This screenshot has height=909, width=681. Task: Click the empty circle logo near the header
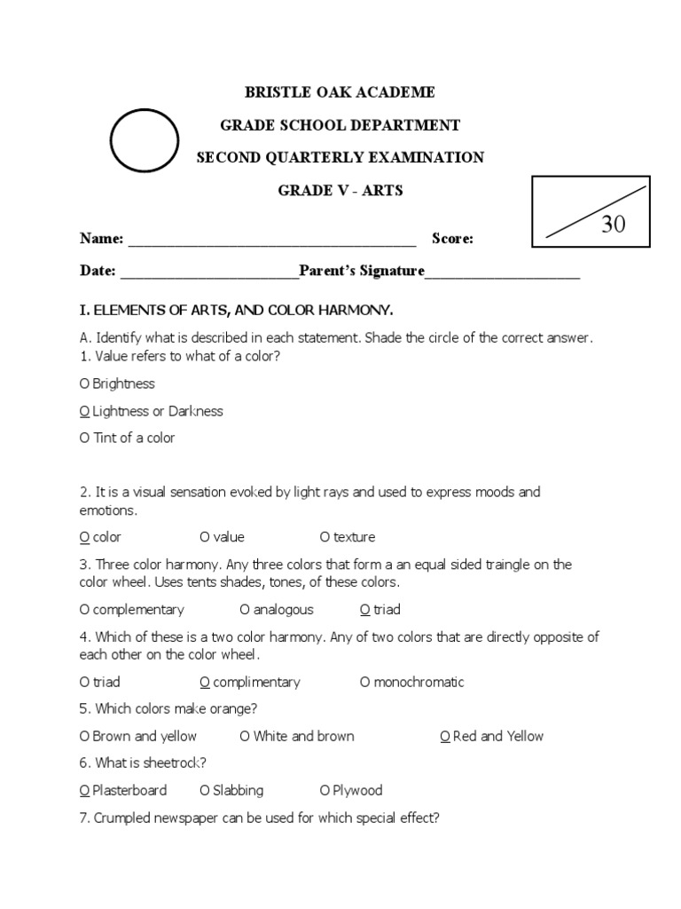tap(145, 140)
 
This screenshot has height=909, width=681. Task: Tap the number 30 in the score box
tap(613, 224)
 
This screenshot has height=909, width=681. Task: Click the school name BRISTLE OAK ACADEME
tap(340, 92)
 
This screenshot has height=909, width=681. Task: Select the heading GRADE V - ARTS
tap(340, 191)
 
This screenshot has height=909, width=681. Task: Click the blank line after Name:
tap(272, 240)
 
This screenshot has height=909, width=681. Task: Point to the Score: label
tap(452, 238)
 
